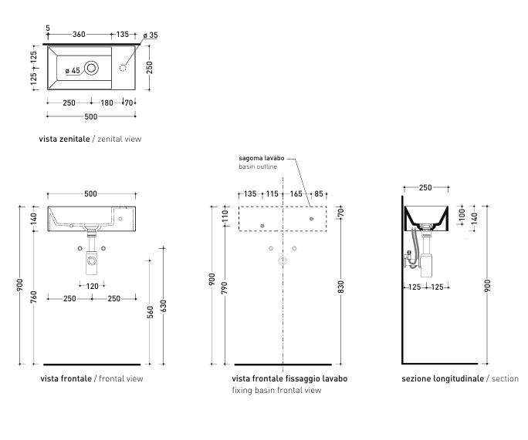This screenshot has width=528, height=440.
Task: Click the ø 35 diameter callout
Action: (x=151, y=35)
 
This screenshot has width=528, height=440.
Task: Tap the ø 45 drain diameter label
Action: (x=73, y=71)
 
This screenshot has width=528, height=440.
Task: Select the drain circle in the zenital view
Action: (x=91, y=68)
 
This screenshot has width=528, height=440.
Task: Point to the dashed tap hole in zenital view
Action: (x=123, y=68)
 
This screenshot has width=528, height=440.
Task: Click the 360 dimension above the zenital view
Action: (x=79, y=34)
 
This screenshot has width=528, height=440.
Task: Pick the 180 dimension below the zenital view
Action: (x=107, y=102)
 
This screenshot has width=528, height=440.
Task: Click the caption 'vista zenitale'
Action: (x=64, y=139)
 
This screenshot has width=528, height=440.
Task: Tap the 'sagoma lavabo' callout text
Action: (x=262, y=158)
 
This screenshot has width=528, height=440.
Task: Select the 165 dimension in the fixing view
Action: (x=296, y=194)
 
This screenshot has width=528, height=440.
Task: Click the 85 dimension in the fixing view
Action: (x=319, y=194)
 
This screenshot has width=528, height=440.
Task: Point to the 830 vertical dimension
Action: (x=340, y=287)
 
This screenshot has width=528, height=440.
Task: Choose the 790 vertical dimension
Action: (x=225, y=288)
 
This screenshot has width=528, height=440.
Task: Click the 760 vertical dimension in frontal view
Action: (x=34, y=297)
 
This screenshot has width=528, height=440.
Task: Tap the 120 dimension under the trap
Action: (x=93, y=286)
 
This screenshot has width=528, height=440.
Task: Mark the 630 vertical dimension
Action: (x=164, y=306)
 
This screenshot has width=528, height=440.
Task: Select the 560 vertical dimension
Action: (x=151, y=312)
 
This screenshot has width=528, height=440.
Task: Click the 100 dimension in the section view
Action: (x=462, y=214)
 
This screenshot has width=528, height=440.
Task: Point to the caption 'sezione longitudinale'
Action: (x=442, y=378)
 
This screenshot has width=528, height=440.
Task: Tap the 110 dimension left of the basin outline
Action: (x=225, y=216)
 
